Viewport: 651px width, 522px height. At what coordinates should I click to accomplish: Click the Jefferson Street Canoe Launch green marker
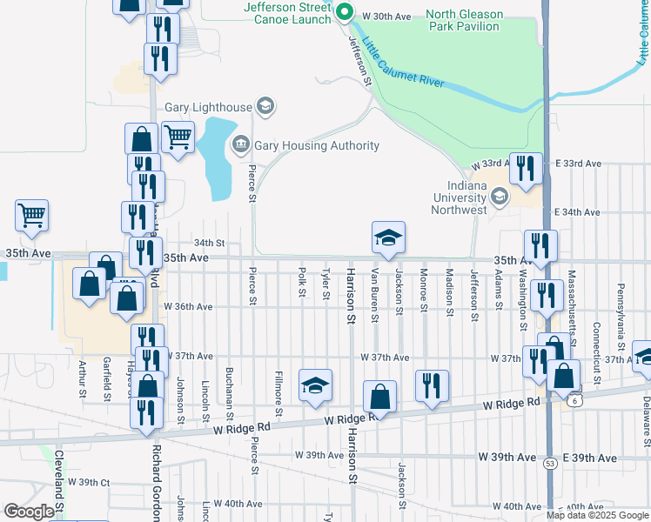pyautogui.click(x=344, y=12)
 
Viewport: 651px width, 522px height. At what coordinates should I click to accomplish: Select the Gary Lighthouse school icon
pyautogui.click(x=266, y=108)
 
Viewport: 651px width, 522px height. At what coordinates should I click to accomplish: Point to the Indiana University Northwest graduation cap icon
pyautogui.click(x=500, y=197)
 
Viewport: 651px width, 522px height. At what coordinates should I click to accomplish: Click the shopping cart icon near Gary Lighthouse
pyautogui.click(x=178, y=137)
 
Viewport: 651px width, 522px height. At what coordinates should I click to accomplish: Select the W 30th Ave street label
pyautogui.click(x=386, y=17)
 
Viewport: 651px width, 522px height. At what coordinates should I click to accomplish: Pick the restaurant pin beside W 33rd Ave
pyautogui.click(x=525, y=167)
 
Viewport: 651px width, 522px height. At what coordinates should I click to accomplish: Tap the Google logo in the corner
pyautogui.click(x=29, y=512)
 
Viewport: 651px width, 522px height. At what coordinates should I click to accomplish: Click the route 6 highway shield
pyautogui.click(x=575, y=399)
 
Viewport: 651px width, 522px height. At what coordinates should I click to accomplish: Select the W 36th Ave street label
pyautogui.click(x=187, y=306)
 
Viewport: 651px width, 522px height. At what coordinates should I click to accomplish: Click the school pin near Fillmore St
pyautogui.click(x=315, y=385)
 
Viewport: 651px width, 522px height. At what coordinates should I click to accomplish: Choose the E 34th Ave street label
pyautogui.click(x=578, y=212)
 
